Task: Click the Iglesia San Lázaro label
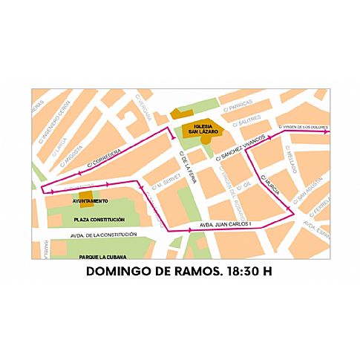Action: (x=203, y=129)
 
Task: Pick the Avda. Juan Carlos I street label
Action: (x=231, y=223)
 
